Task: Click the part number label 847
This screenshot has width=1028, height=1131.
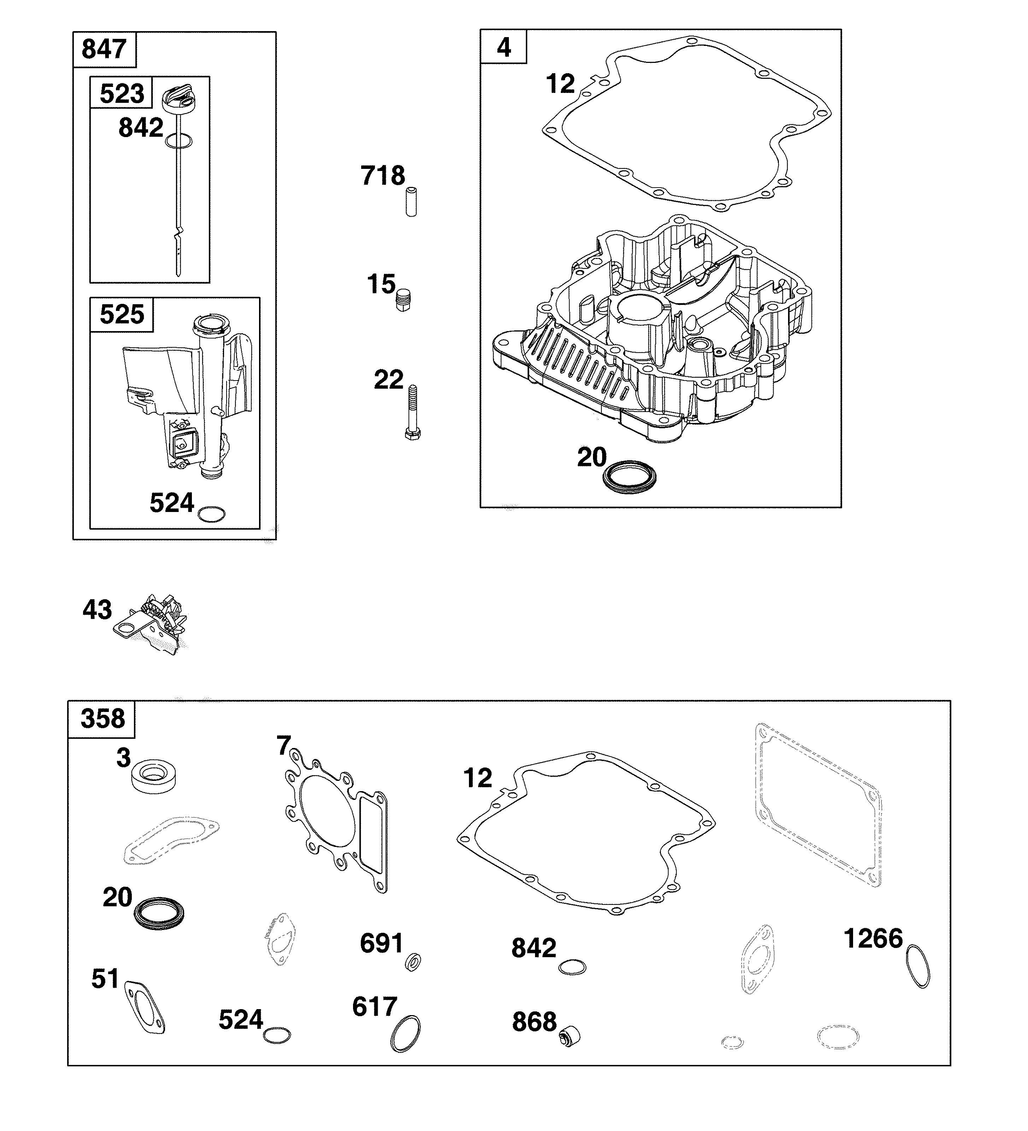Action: pos(104,49)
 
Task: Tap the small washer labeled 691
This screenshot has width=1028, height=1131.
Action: pos(413,962)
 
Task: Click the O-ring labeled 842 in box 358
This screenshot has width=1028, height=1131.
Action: pos(572,967)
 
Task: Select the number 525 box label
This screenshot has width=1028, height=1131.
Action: pos(122,314)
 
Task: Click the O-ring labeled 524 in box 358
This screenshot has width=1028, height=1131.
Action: pos(277,1035)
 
